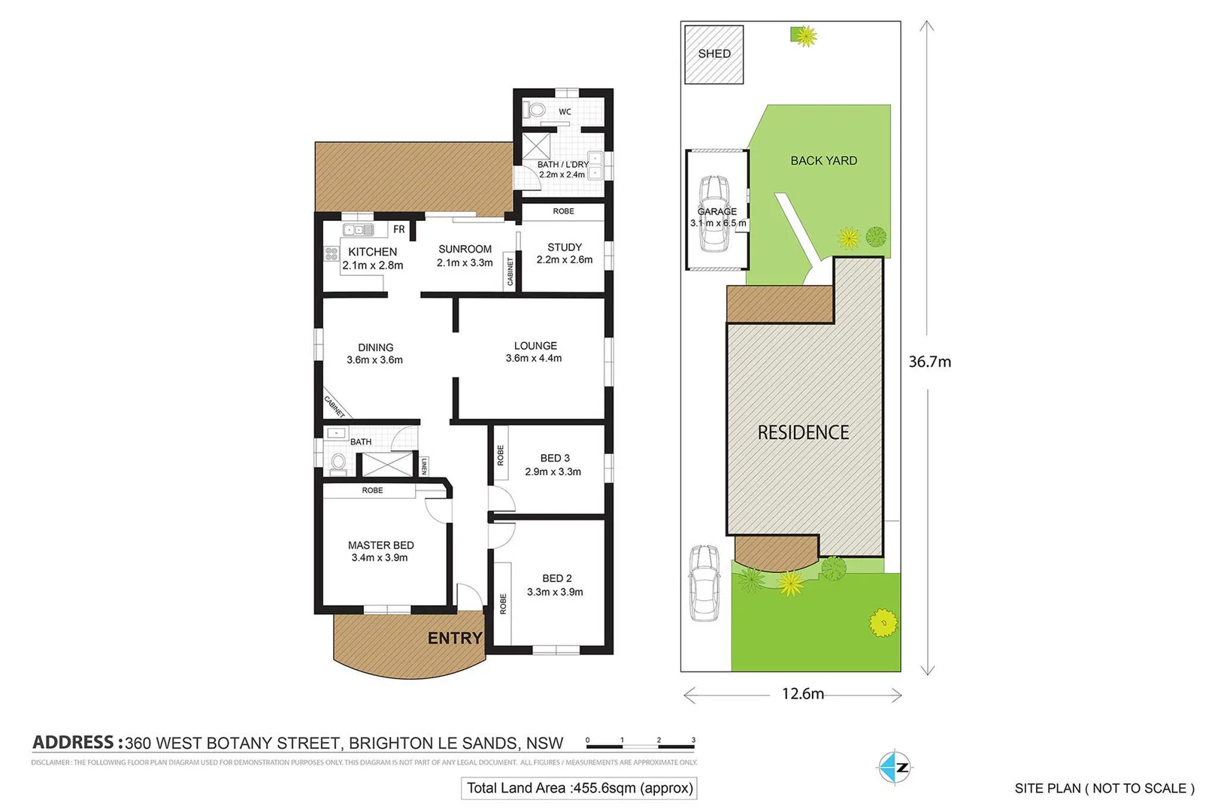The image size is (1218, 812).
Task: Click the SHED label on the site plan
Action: coord(714,53)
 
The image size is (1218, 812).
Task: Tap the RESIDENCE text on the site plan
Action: coord(803,432)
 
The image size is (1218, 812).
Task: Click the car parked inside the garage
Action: coord(714,214)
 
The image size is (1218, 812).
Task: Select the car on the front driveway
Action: coord(704,583)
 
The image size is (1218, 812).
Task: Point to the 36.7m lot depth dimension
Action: coord(929,362)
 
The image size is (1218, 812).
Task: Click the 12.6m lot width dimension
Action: coord(802,694)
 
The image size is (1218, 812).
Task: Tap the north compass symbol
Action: coord(895,767)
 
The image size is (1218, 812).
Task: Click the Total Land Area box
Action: coord(579,788)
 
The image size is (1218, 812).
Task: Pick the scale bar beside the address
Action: coord(640,744)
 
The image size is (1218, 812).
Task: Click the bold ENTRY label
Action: coord(455,638)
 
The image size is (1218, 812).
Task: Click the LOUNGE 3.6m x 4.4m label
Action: coord(535,352)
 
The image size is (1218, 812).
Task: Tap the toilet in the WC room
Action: coord(535,111)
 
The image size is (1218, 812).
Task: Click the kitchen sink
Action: coord(359,230)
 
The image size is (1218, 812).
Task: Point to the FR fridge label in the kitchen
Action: coord(399,229)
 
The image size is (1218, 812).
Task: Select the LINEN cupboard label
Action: coord(424,466)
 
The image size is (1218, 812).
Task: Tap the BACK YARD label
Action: coord(823,161)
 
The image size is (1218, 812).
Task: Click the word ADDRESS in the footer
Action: coord(73,743)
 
